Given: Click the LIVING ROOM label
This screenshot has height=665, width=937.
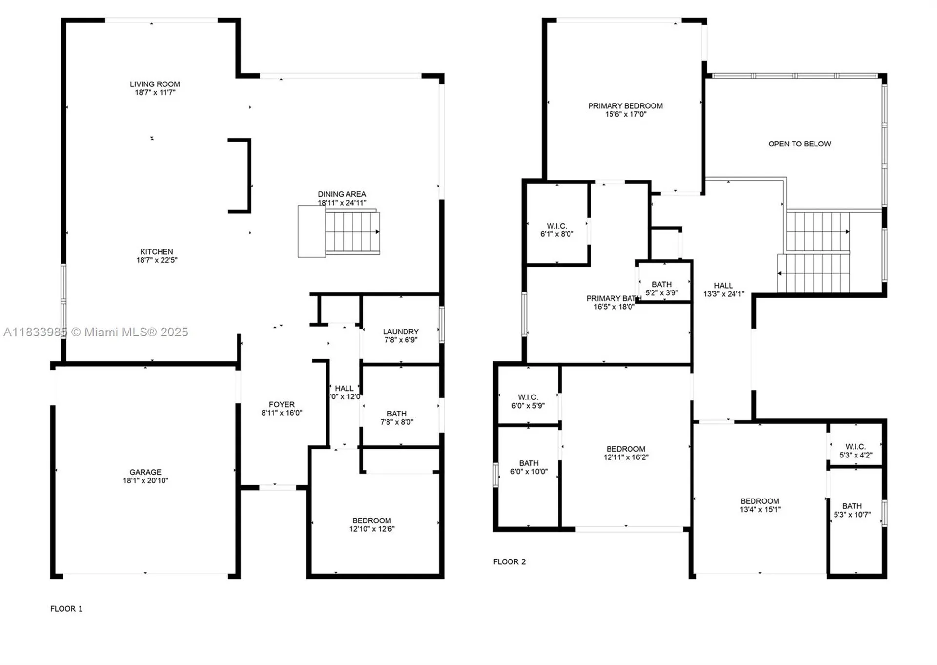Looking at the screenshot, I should tap(155, 84).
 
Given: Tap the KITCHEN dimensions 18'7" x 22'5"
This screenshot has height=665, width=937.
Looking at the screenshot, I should tap(157, 260).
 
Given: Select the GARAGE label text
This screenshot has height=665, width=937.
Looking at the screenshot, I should tap(145, 472).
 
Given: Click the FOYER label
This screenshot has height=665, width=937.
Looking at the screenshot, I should tap(282, 404).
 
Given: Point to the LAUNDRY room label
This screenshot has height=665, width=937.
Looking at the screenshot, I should tap(401, 332).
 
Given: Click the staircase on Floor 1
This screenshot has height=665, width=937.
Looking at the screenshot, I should tap(351, 232).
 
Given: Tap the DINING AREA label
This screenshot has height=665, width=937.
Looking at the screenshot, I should tap(342, 194).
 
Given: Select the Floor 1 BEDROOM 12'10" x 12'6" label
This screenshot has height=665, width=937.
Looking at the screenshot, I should tap(372, 520).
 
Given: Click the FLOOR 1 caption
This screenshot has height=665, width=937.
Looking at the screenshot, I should tap(66, 609).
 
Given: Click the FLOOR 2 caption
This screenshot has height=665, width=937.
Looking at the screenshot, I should tap(509, 561).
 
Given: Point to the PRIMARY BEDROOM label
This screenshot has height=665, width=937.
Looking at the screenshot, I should tap(625, 106).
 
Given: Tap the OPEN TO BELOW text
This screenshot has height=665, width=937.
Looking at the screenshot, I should tap(799, 144).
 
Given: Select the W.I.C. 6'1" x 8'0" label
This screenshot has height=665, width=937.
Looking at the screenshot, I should tap(557, 226).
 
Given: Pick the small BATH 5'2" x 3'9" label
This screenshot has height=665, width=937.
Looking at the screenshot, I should tap(662, 284).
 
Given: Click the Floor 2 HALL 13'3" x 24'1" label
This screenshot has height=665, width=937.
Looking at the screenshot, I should tap(723, 286).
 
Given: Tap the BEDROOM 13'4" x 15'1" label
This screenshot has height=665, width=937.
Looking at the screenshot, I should tap(760, 501).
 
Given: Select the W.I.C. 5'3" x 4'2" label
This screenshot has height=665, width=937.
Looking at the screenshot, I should tap(856, 447).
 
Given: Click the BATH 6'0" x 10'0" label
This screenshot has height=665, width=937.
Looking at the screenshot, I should tap(529, 463).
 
